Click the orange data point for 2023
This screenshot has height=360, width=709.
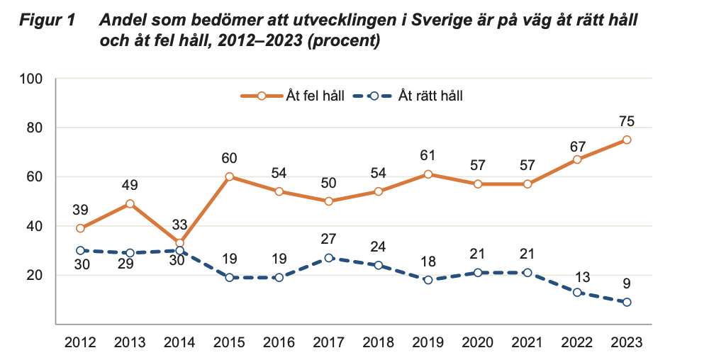627,140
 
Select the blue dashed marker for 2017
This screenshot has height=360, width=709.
328,258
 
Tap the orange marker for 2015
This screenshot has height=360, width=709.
229,176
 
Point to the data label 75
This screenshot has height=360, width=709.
627,121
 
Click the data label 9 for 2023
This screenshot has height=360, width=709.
627,284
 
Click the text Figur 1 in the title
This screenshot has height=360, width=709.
46,21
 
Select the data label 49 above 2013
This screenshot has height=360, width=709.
130,186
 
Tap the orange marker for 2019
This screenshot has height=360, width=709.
428,174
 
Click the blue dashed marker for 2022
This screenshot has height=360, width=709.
577,292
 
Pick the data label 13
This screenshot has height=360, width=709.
577,274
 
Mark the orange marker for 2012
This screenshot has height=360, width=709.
80,228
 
